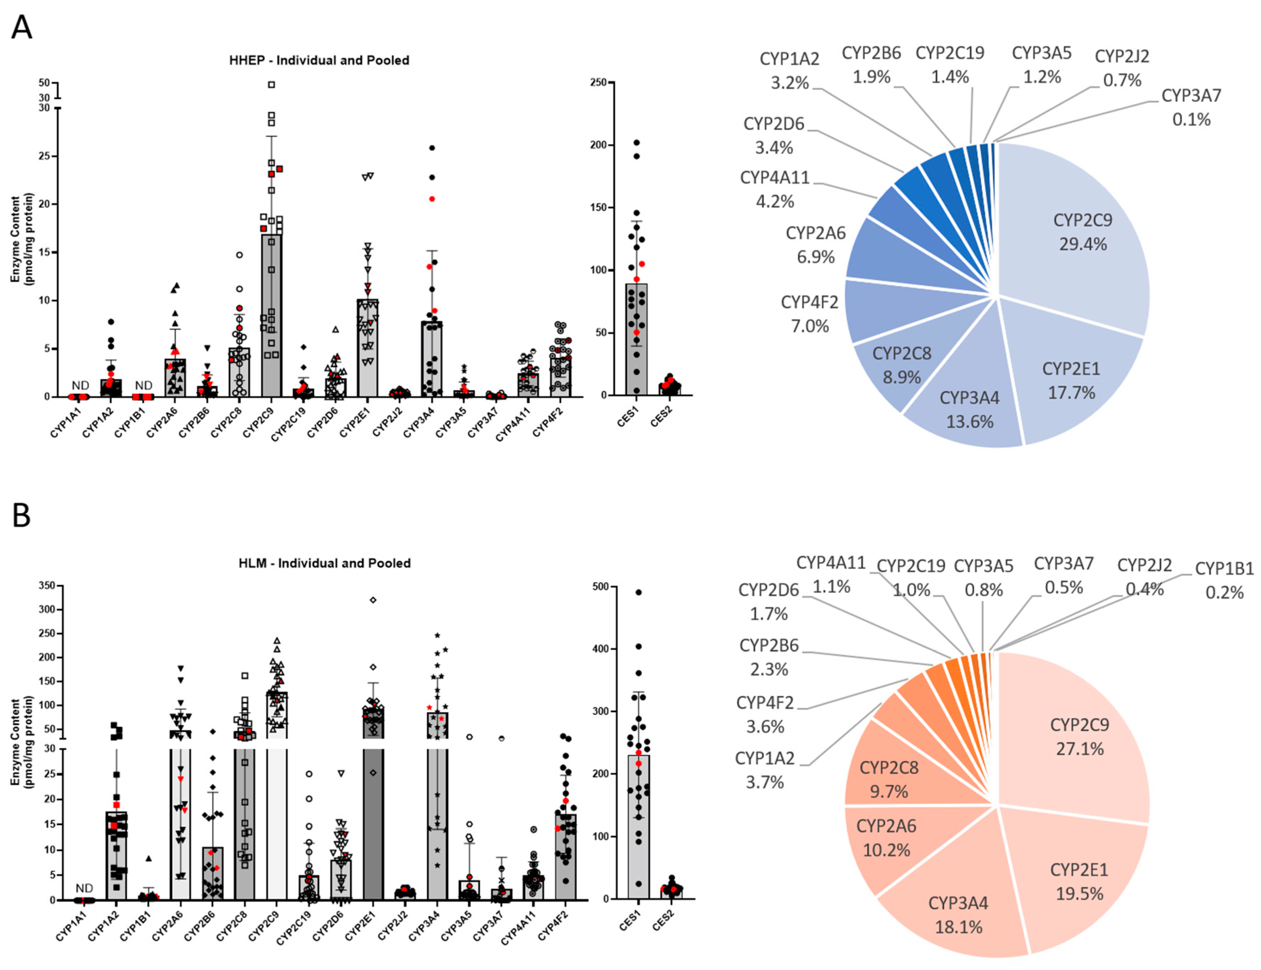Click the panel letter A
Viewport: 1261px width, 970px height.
click(22, 27)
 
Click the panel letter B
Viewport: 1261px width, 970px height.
click(22, 515)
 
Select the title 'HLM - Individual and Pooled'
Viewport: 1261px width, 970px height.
click(324, 563)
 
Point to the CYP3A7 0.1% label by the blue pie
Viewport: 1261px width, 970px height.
click(1191, 107)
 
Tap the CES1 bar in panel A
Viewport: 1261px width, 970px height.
click(636, 341)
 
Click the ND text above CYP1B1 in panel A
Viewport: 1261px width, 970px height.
click(144, 385)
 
